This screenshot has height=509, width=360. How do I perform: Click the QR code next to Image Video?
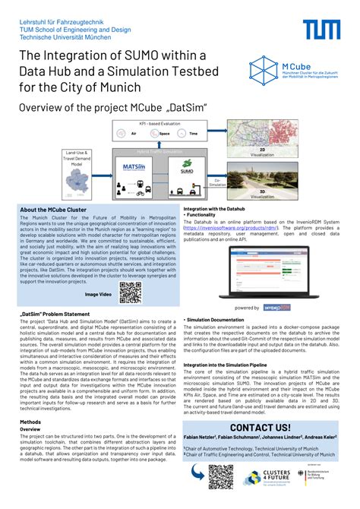pyautogui.click(x=131, y=292)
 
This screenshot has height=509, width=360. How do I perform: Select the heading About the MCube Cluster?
pyautogui.click(x=53, y=210)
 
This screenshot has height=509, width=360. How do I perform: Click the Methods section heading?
pyautogui.click(x=30, y=422)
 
